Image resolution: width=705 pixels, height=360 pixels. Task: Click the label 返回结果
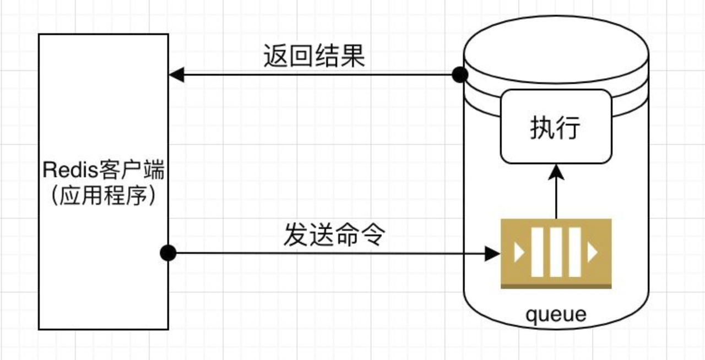(x=314, y=56)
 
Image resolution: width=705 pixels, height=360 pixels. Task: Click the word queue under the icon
(x=556, y=315)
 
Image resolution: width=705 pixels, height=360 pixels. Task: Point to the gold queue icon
(x=556, y=253)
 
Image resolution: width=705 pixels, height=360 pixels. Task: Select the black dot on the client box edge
(x=168, y=253)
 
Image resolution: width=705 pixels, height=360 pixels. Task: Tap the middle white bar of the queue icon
(x=556, y=252)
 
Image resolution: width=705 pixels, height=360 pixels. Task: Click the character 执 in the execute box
(x=541, y=128)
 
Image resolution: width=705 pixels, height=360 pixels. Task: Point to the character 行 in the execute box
(x=570, y=128)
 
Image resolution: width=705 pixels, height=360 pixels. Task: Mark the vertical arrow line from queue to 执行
(x=556, y=198)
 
